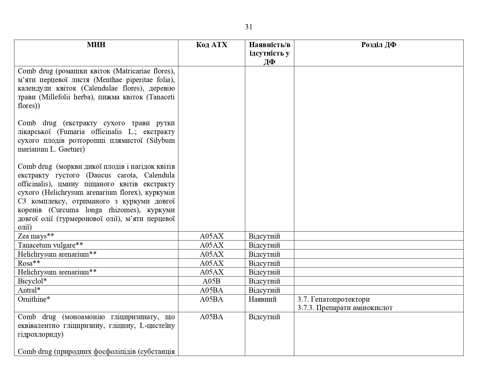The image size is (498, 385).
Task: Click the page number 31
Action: [248, 27]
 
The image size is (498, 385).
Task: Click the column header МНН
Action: [96, 45]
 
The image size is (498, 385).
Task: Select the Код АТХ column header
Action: [212, 45]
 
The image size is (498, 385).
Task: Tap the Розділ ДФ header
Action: [378, 45]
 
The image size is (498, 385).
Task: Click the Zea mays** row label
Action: [36, 236]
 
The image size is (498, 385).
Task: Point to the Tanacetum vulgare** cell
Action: [50, 245]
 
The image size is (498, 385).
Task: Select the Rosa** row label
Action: [29, 263]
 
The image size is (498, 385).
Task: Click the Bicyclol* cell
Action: [32, 281]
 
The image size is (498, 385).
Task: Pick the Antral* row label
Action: [29, 290]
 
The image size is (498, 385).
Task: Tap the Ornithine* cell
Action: [34, 299]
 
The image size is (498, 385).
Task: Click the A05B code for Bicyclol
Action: [212, 281]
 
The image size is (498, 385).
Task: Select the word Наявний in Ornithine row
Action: [263, 299]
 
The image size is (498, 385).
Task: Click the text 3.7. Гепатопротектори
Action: [334, 299]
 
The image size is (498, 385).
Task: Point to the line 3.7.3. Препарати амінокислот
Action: [345, 308]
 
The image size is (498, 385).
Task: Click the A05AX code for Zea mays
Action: [212, 236]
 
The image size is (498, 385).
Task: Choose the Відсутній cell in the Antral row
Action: [264, 290]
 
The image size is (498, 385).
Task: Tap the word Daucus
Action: [98, 175]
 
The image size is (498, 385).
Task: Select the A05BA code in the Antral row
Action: [212, 290]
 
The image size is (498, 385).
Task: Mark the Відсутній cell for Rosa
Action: [264, 263]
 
